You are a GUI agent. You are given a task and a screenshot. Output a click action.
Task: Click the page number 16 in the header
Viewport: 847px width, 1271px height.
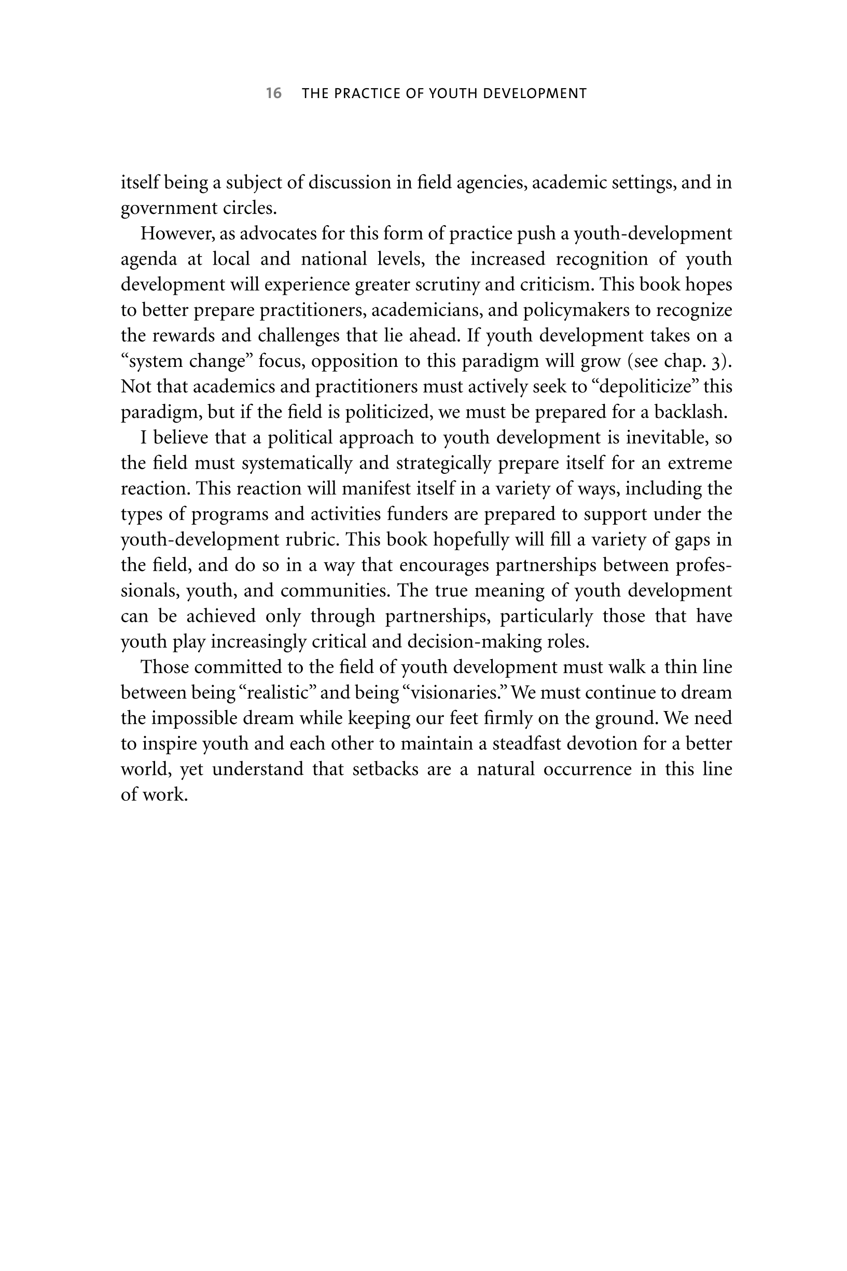tap(273, 93)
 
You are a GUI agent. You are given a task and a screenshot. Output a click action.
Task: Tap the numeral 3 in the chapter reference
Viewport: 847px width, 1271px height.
tap(717, 362)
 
